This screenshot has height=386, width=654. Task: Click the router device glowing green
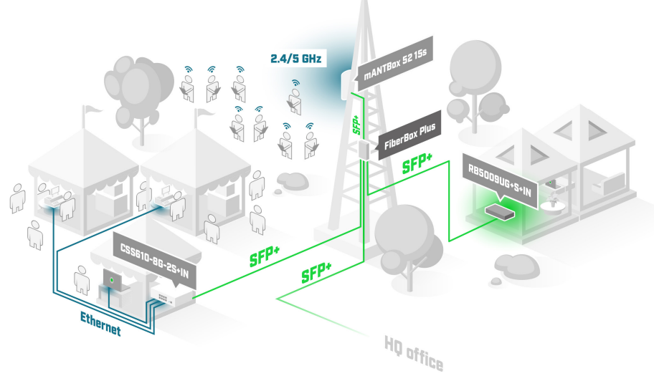[500, 211]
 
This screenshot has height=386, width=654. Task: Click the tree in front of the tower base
[402, 236]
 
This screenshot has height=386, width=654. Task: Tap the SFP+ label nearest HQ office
[316, 272]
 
